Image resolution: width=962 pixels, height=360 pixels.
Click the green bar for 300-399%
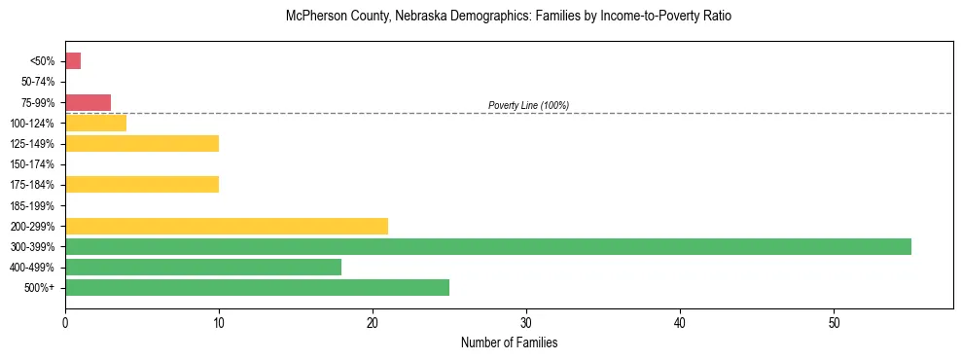click(x=487, y=246)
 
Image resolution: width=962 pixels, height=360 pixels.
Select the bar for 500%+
click(x=257, y=287)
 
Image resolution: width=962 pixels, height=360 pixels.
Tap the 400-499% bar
click(x=203, y=267)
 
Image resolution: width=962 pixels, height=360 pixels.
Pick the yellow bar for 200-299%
click(x=226, y=226)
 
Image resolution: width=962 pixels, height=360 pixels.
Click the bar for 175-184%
click(x=142, y=185)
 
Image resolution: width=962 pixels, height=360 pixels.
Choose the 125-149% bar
click(x=142, y=144)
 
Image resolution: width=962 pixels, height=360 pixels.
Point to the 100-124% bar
click(x=95, y=124)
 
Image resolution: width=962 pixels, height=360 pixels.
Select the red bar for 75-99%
click(x=88, y=102)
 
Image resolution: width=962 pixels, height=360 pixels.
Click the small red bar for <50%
click(x=73, y=61)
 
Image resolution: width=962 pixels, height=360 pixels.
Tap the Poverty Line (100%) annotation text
click(x=528, y=105)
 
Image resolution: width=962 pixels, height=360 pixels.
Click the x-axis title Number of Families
click(x=509, y=343)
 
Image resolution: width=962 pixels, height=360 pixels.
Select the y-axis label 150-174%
click(x=32, y=164)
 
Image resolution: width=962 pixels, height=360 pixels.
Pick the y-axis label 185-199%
click(x=32, y=205)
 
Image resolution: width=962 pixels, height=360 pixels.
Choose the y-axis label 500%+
click(x=39, y=287)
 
